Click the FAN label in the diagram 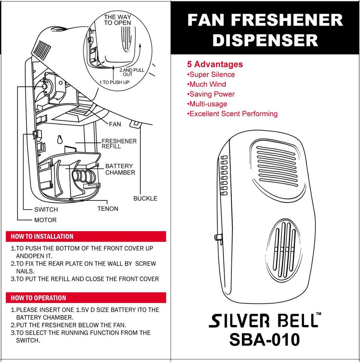115,124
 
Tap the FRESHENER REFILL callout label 119,144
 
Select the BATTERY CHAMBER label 120,169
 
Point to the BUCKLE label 145,198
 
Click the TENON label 108,209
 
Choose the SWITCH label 46,210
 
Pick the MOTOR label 45,220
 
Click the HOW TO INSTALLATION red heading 42,237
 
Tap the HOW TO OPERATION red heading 38,298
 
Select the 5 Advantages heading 215,64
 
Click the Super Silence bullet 211,75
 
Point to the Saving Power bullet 211,94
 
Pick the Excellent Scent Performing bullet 232,114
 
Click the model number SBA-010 264,339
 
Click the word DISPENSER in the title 265,40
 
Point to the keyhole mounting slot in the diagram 59,140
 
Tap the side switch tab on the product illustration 218,237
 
